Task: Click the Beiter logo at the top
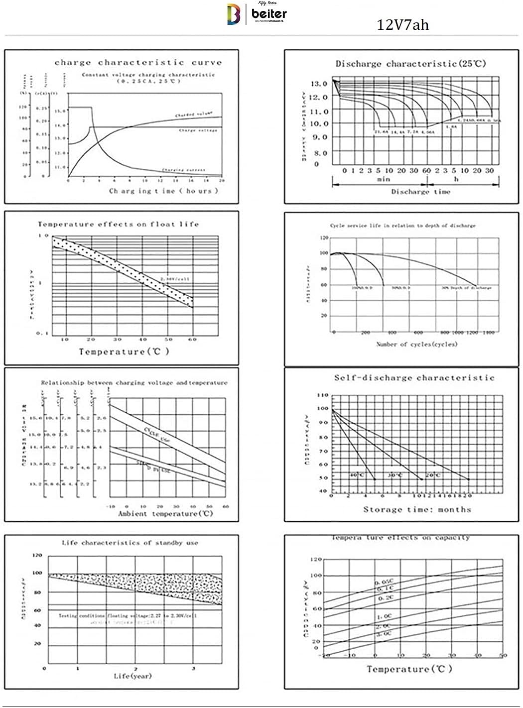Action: tap(257, 13)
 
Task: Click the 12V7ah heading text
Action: tap(402, 25)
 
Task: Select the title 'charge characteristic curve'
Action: tap(138, 63)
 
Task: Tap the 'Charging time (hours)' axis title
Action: tap(163, 191)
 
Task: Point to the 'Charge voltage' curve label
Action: tap(198, 130)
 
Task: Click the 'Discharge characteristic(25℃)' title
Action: tap(410, 64)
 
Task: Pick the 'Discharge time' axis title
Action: tap(420, 192)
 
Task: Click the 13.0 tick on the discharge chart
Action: tap(318, 83)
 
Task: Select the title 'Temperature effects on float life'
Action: tap(118, 225)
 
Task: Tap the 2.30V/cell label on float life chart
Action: tap(175, 279)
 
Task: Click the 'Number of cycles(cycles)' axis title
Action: tap(416, 344)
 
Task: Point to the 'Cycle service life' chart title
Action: tap(402, 226)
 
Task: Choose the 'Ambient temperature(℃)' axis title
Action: tap(165, 514)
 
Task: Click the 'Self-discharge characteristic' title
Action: tap(414, 378)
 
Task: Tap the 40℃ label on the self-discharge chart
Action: tap(357, 475)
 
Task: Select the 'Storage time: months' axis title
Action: tap(417, 509)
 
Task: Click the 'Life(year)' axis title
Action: tap(132, 676)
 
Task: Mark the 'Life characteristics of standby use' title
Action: tap(130, 543)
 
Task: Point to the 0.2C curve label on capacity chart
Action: tap(386, 597)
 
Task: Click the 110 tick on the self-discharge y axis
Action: tap(322, 395)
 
